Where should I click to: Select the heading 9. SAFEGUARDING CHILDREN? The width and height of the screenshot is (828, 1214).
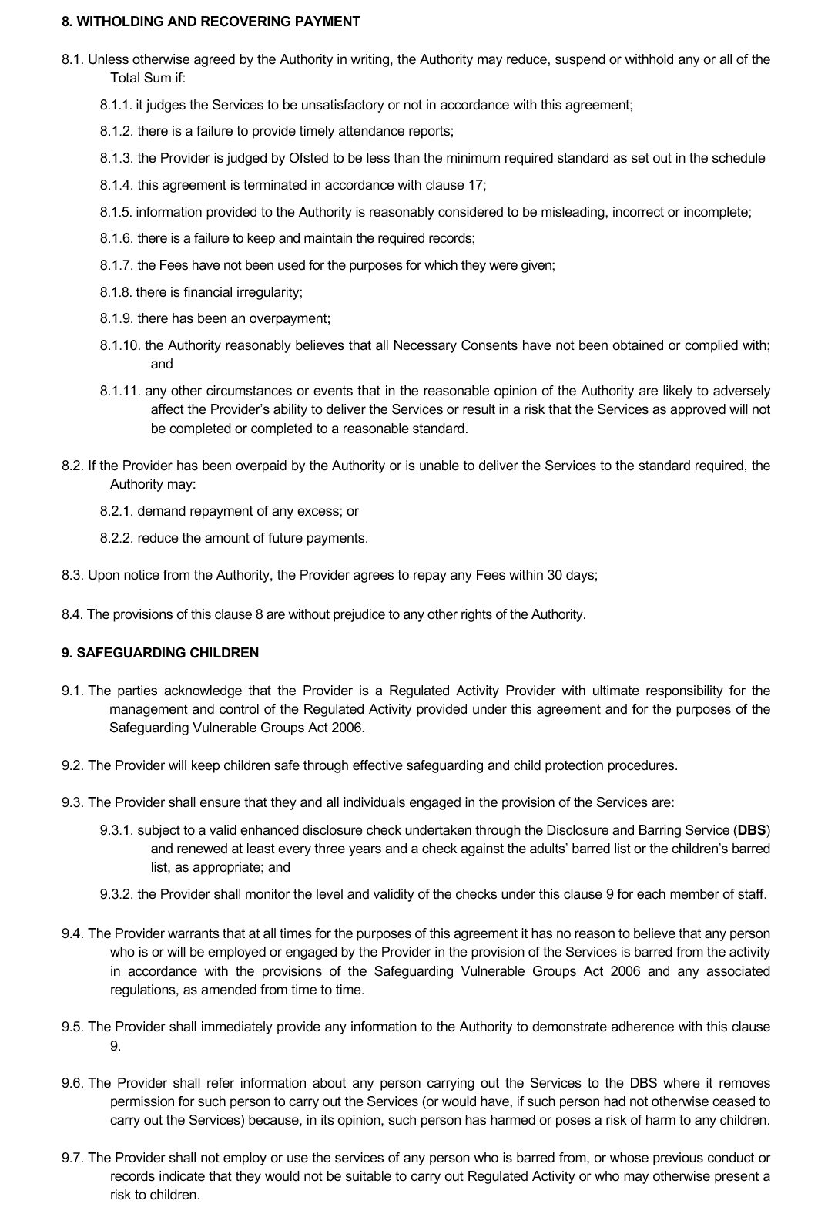click(x=160, y=653)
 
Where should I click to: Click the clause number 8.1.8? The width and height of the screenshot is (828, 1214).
click(x=116, y=292)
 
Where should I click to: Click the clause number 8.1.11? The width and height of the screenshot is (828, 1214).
click(x=119, y=391)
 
